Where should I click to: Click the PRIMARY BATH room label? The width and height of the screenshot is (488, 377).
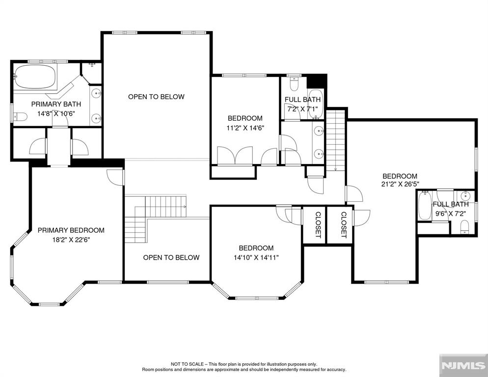pos(56,104)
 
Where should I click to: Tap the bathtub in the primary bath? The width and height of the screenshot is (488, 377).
pos(35,77)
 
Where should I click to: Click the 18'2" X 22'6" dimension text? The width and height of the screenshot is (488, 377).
pos(71,240)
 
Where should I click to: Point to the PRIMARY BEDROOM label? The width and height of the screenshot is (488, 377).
pos(71,230)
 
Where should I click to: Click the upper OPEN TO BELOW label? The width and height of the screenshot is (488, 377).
pos(156,97)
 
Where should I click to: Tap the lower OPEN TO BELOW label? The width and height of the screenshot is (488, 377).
pos(171,257)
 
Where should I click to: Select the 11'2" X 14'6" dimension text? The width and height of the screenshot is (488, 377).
pos(245,128)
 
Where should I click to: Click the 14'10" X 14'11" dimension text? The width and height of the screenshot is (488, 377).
pos(256,258)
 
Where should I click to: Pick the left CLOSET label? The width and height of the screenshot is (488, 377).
pos(318,225)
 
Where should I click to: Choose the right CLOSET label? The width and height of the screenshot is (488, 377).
pos(344,225)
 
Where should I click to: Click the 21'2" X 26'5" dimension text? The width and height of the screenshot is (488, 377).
pos(400,184)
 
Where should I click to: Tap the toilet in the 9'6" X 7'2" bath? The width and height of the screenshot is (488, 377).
pos(464,226)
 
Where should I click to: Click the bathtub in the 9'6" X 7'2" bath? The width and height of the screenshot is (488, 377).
pos(425,206)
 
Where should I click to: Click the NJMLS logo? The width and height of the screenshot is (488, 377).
pos(463,366)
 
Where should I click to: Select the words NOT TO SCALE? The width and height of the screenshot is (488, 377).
pos(188,364)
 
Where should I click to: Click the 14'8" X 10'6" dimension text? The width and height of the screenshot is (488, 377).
pos(56,114)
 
